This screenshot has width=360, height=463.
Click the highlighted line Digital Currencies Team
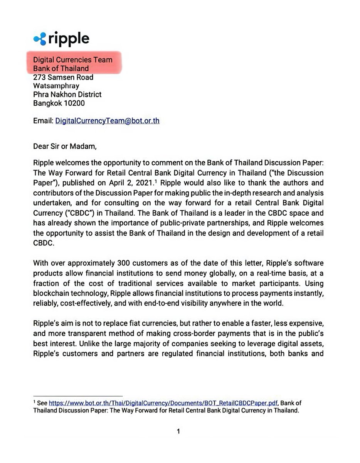tap(72, 60)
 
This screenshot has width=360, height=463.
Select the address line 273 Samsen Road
tap(63, 77)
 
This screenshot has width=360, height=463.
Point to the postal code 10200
tap(75, 103)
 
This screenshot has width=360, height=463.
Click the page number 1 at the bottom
tap(178, 431)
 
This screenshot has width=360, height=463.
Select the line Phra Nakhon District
tap(67, 94)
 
